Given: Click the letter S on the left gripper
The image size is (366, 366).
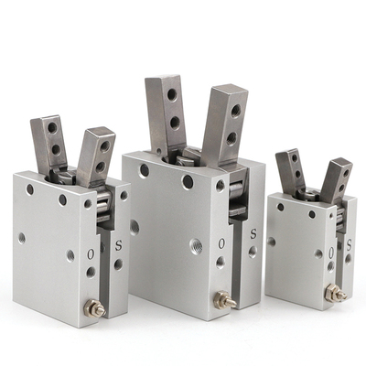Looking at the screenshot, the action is click(x=119, y=245).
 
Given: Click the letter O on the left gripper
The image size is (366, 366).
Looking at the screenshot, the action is click(x=91, y=253).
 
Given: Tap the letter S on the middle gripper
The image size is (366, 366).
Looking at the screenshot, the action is click(x=253, y=234).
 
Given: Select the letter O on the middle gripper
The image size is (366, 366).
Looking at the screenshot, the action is click(x=221, y=243).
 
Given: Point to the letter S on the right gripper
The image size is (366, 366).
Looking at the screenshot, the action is click(x=350, y=244).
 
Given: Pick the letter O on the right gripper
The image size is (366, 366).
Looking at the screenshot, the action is click(x=331, y=252).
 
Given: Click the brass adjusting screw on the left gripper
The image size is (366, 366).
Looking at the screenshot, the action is click(x=95, y=307).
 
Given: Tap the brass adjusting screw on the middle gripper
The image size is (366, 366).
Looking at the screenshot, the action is click(x=225, y=299).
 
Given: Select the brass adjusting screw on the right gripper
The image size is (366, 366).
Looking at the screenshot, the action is click(x=336, y=293).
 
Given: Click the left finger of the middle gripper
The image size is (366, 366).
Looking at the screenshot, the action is click(x=166, y=113).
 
